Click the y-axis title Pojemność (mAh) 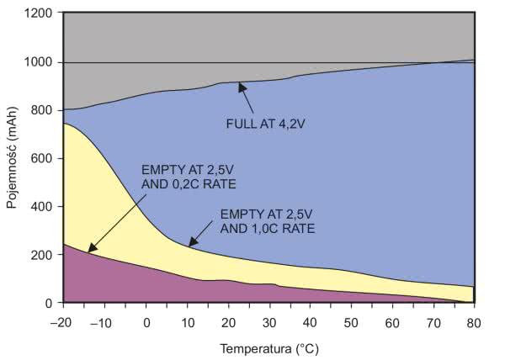point(13,159)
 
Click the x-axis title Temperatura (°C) point(269,347)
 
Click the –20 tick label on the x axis point(61,323)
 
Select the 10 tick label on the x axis point(187,323)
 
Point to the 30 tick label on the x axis point(269,323)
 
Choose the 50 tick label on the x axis point(352,323)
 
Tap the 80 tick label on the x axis point(475,323)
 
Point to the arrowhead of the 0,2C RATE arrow point(88,250)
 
